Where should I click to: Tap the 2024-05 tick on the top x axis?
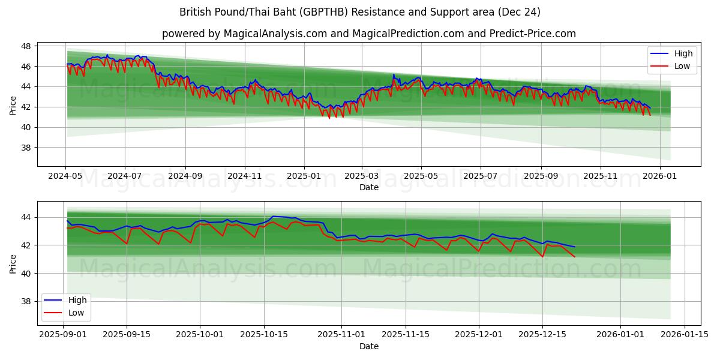66,177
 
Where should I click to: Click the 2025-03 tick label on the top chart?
362,177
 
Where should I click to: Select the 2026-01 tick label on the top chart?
660,177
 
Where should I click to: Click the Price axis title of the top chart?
13,106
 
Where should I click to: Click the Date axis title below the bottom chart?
369,346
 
